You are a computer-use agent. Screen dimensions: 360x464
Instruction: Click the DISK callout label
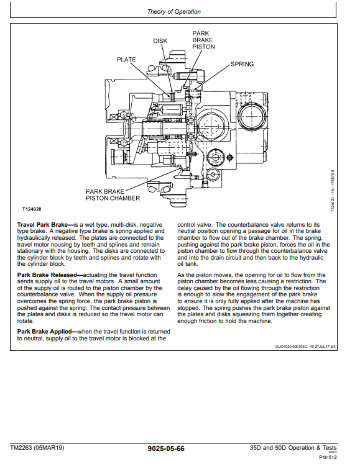point(160,41)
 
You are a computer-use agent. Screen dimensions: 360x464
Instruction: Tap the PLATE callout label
point(126,60)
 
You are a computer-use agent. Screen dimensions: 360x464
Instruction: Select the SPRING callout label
point(242,64)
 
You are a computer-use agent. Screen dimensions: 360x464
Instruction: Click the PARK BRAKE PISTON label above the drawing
point(203,40)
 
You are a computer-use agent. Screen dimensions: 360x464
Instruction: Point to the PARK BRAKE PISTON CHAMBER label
point(113,194)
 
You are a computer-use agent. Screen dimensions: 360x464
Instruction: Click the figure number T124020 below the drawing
point(32,209)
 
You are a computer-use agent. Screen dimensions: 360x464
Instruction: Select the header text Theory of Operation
point(174,12)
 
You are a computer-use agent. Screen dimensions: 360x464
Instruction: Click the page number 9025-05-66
point(166,448)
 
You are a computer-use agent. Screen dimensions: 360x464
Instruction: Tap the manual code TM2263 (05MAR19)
point(37,447)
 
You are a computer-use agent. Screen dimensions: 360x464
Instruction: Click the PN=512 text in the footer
point(328,457)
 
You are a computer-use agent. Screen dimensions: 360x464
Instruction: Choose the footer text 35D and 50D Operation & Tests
point(293,447)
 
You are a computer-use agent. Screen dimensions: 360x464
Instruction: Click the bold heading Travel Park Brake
point(42,225)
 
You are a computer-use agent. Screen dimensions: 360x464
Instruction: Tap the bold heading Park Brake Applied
point(44,332)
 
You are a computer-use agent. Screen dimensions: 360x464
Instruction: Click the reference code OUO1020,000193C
point(292,347)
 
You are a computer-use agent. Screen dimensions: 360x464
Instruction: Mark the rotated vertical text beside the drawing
point(333,191)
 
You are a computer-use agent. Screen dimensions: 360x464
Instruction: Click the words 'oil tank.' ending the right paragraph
point(188,264)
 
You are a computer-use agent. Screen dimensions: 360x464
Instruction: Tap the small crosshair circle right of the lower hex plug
point(229,157)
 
